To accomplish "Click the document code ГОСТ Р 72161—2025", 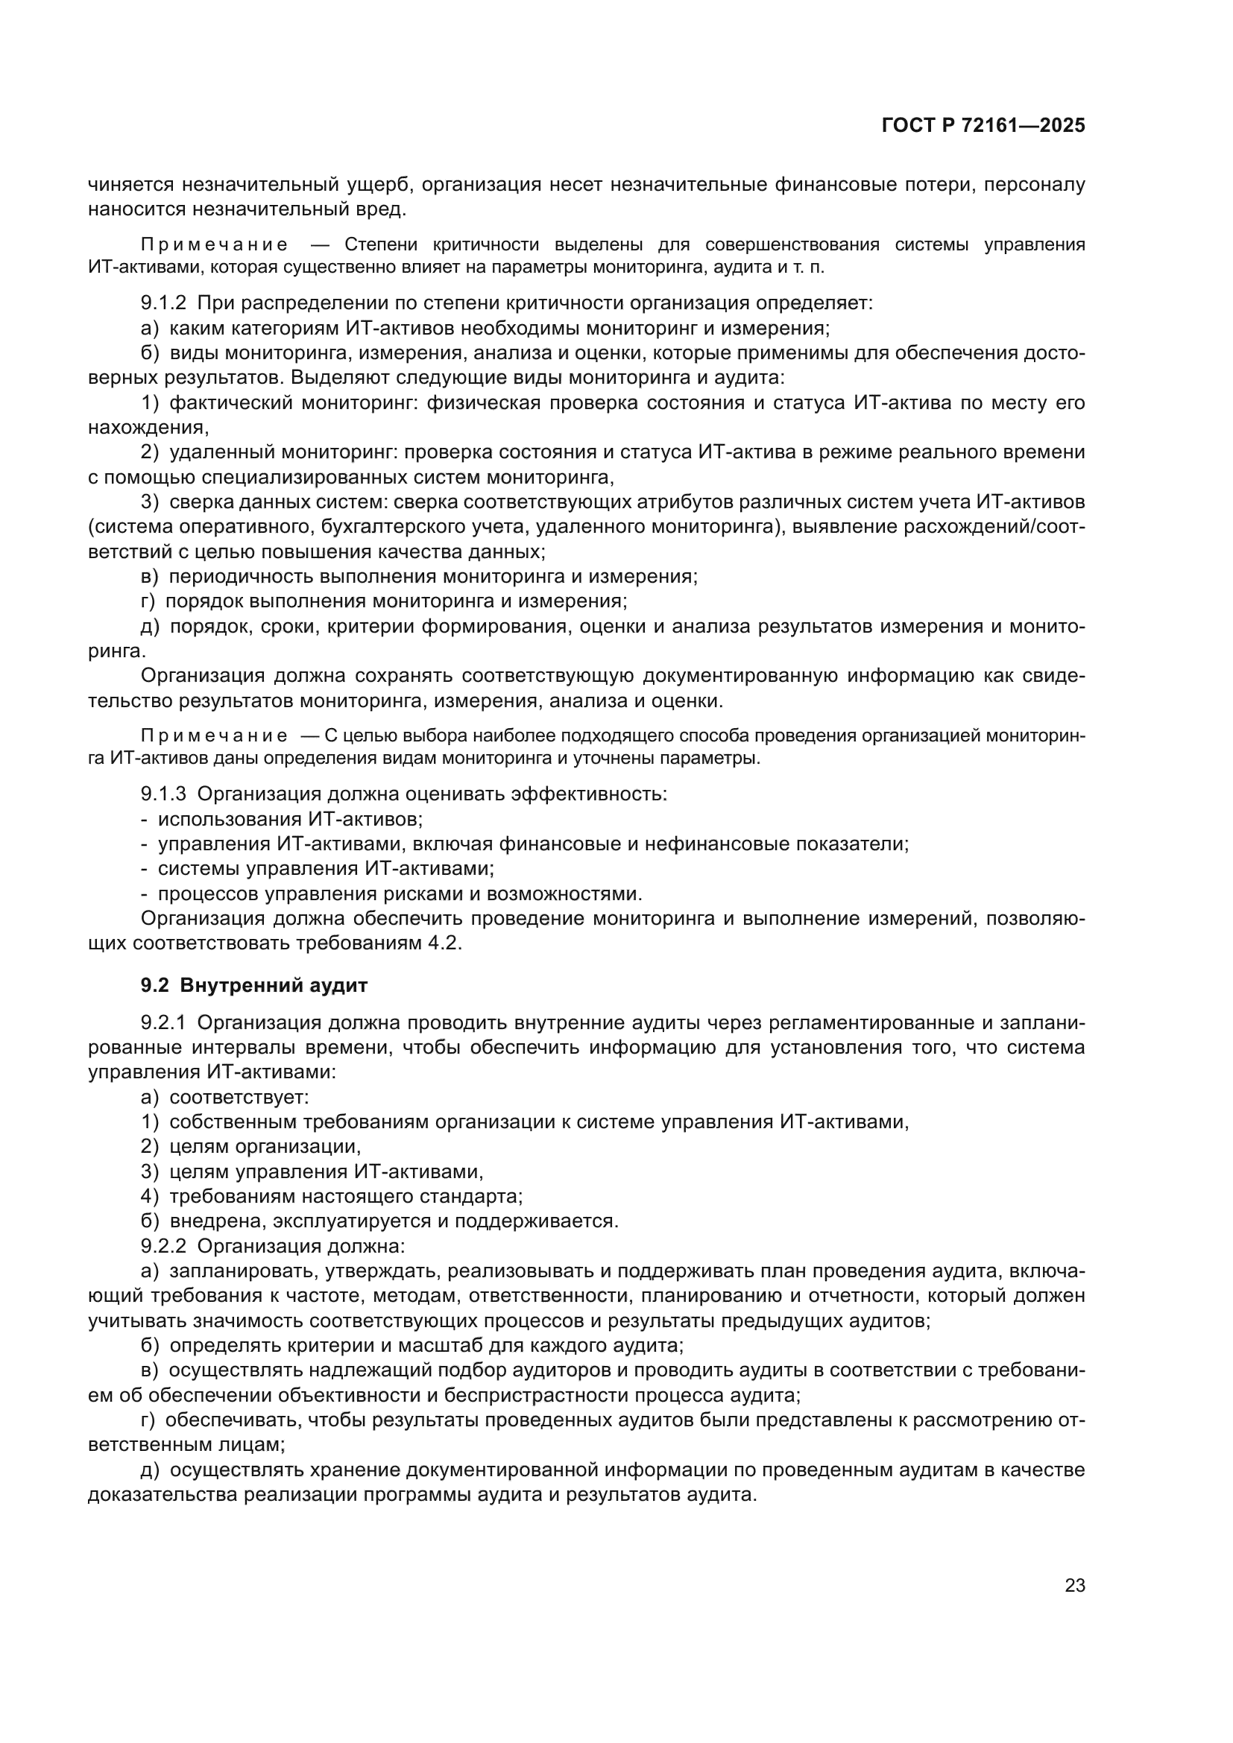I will click(983, 126).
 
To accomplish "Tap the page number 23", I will click(1074, 1585).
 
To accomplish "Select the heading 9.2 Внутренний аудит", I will click(254, 985).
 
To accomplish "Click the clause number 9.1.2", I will click(163, 303).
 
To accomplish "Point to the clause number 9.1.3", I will click(163, 794).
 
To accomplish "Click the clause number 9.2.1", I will click(163, 1022).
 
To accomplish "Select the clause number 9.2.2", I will click(163, 1246).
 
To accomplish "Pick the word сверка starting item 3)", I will click(200, 502).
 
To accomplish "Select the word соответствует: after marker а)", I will click(239, 1097).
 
